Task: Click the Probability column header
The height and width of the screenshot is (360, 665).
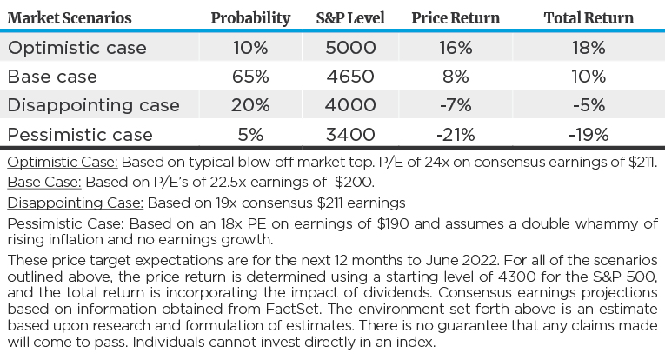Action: pos(250,17)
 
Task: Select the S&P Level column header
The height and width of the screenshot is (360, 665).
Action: pos(351,17)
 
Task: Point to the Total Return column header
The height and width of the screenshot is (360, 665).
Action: pos(589,17)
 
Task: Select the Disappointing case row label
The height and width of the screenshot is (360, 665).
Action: pos(93,105)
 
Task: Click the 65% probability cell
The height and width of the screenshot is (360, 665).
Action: pos(250,77)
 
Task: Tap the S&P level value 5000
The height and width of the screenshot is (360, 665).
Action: pos(351,47)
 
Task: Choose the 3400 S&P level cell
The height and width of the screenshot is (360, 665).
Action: pos(351,135)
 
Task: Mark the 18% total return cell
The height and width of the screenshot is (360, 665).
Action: pos(589,47)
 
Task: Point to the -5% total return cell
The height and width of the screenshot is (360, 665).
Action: pos(589,105)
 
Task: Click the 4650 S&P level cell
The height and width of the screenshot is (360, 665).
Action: pos(351,77)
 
